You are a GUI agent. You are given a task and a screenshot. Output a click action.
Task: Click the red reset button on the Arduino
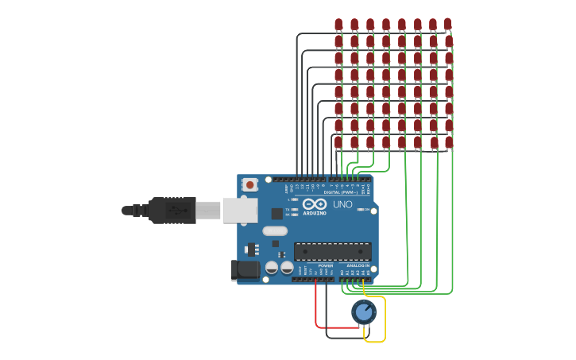tap(250, 184)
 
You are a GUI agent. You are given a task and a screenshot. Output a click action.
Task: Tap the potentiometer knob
tap(364, 312)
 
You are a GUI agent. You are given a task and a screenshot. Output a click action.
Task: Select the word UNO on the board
tap(342, 204)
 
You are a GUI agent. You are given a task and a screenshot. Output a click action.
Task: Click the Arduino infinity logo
tap(315, 204)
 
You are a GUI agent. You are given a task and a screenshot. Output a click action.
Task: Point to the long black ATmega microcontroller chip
tap(332, 252)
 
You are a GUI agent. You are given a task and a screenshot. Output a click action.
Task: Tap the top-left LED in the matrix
tap(338, 25)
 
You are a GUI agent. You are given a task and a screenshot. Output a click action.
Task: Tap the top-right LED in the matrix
tap(448, 25)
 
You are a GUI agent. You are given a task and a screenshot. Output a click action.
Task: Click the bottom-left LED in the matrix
tap(338, 143)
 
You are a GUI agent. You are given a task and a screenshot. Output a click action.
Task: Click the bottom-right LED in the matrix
tap(449, 143)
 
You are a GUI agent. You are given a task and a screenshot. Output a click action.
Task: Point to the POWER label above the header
tap(315, 265)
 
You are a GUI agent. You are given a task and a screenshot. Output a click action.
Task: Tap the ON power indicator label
tap(367, 210)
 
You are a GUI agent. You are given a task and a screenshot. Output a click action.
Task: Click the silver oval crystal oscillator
tap(274, 231)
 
